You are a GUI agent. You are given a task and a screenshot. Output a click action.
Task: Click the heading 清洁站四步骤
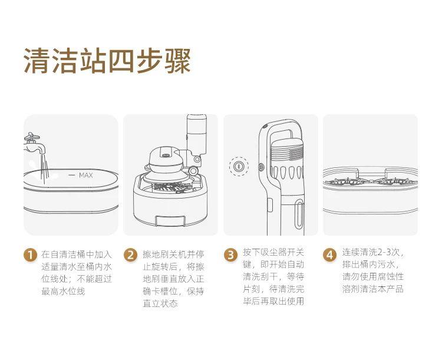tap(107, 61)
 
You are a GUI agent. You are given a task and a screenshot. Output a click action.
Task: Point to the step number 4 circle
tap(330, 255)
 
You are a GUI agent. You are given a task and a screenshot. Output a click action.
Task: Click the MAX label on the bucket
tap(86, 175)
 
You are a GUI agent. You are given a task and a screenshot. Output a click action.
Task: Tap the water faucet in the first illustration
tap(34, 142)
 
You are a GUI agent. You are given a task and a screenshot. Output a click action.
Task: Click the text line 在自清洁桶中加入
tap(76, 255)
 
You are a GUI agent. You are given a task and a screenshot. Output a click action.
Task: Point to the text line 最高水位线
tap(63, 292)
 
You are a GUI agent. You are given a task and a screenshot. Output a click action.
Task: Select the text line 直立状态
tap(160, 304)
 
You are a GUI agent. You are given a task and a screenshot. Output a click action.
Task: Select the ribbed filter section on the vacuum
tap(289, 152)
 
